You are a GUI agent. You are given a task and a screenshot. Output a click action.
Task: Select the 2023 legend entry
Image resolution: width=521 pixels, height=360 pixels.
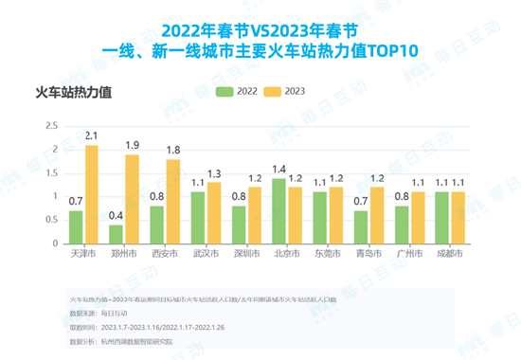287,91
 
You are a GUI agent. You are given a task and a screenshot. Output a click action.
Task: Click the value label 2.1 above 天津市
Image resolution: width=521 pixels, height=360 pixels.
91,136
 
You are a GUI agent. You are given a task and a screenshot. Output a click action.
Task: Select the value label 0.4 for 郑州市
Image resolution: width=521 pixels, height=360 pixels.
116,216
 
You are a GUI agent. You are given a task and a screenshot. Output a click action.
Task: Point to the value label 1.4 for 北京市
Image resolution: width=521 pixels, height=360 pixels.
278,169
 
